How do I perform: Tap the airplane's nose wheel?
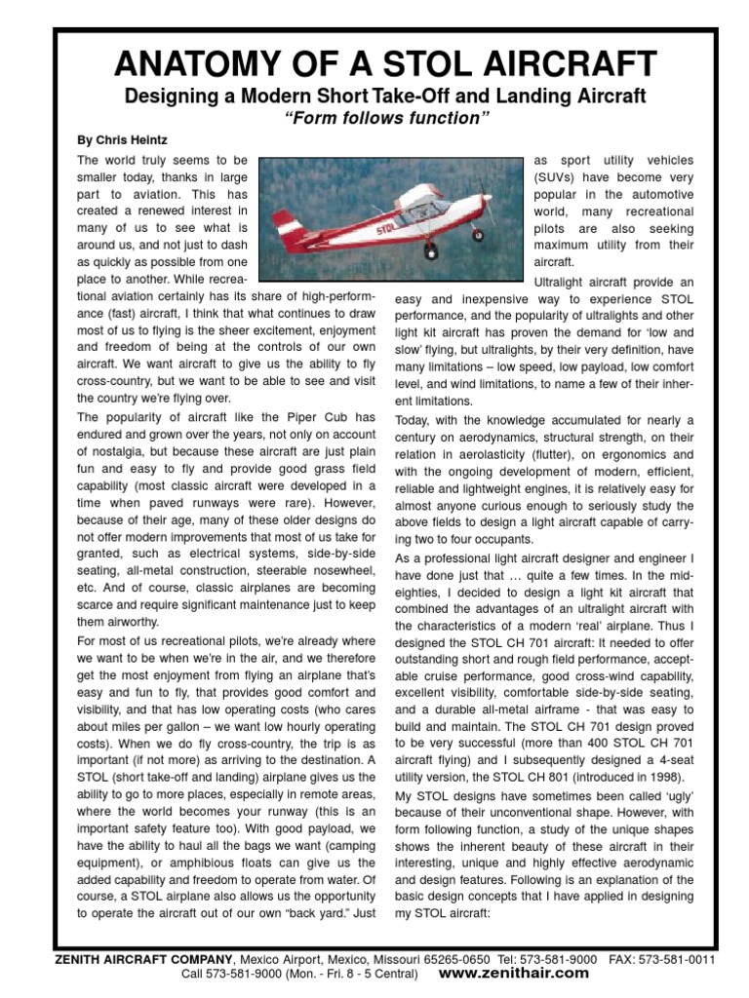(x=477, y=235)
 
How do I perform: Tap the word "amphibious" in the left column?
(x=188, y=864)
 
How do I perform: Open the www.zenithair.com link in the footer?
(x=514, y=973)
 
